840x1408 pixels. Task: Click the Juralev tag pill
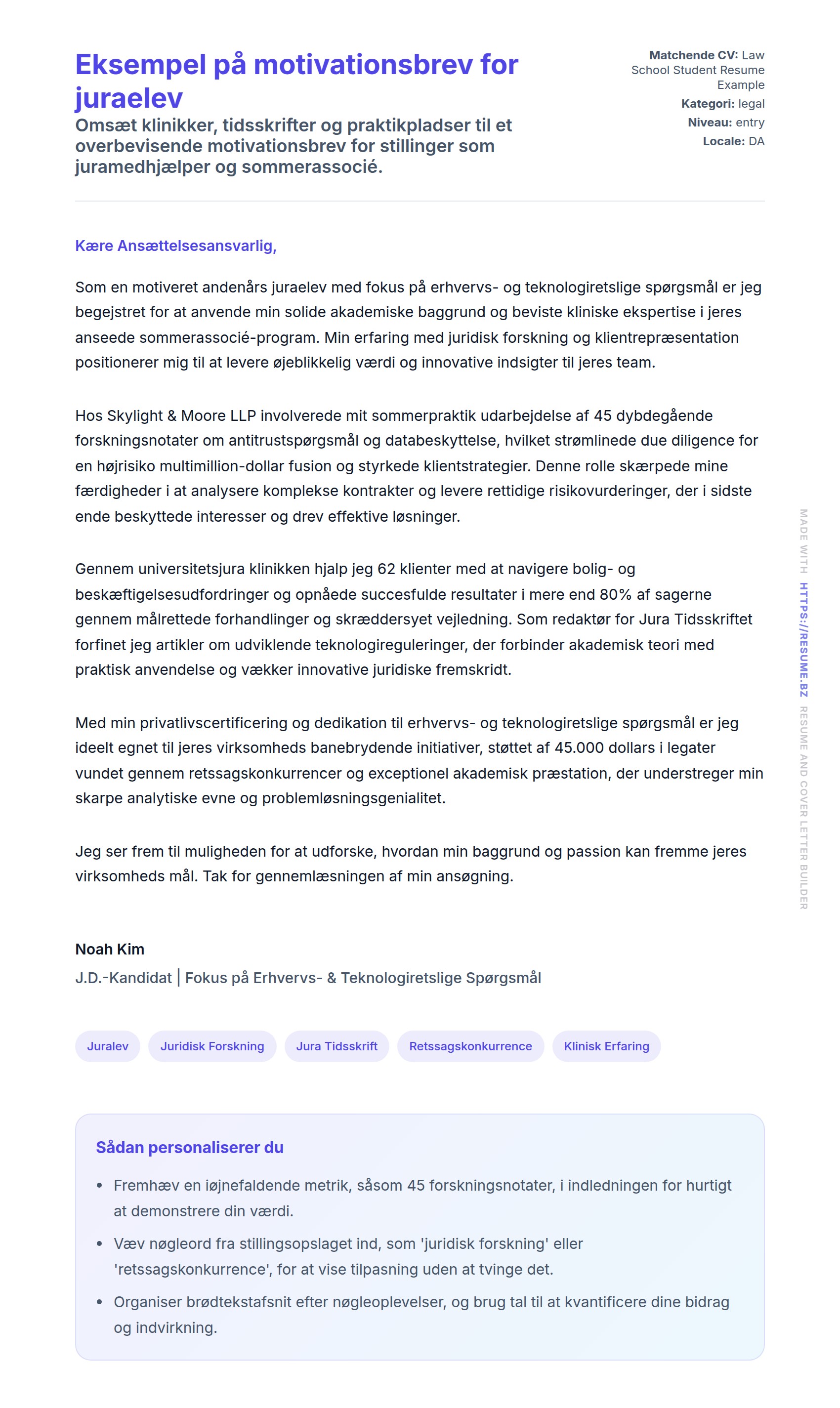pyautogui.click(x=108, y=1046)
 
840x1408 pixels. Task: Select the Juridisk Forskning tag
pyautogui.click(x=212, y=1046)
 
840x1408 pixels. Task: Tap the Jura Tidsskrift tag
pyautogui.click(x=337, y=1046)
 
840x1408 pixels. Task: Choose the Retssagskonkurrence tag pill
pyautogui.click(x=470, y=1046)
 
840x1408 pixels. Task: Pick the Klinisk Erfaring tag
pyautogui.click(x=606, y=1046)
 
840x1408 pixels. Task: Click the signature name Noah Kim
pyautogui.click(x=110, y=949)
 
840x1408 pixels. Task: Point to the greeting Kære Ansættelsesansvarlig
pyautogui.click(x=175, y=246)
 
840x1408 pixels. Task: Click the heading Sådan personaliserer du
pyautogui.click(x=190, y=1147)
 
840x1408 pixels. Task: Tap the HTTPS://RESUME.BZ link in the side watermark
pyautogui.click(x=804, y=639)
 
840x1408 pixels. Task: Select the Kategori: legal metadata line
pyautogui.click(x=723, y=104)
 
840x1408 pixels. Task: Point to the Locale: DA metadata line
pyautogui.click(x=734, y=141)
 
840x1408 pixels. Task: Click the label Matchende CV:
pyautogui.click(x=693, y=55)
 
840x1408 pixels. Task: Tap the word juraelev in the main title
pyautogui.click(x=129, y=98)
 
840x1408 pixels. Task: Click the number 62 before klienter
pyautogui.click(x=386, y=569)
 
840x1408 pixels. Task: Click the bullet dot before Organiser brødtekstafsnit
pyautogui.click(x=100, y=1302)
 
